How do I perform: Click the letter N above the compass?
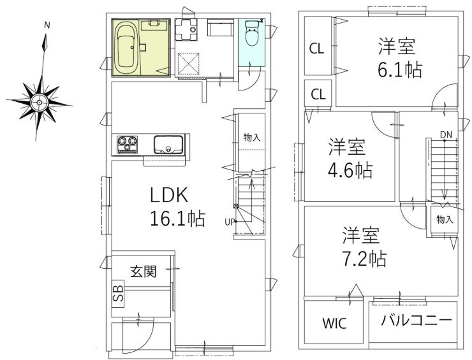(x=47, y=25)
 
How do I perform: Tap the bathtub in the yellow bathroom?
(x=126, y=47)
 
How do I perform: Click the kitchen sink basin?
(x=168, y=145)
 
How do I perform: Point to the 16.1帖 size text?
(x=177, y=219)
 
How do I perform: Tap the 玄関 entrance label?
(x=144, y=271)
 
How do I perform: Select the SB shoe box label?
(x=118, y=293)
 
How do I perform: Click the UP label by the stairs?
(x=228, y=222)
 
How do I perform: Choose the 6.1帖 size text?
(x=399, y=69)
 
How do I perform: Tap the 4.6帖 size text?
(x=350, y=171)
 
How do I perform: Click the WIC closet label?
(x=334, y=324)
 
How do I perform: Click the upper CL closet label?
(x=316, y=48)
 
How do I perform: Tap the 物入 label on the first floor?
(x=251, y=137)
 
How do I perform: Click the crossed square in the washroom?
(x=189, y=62)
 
